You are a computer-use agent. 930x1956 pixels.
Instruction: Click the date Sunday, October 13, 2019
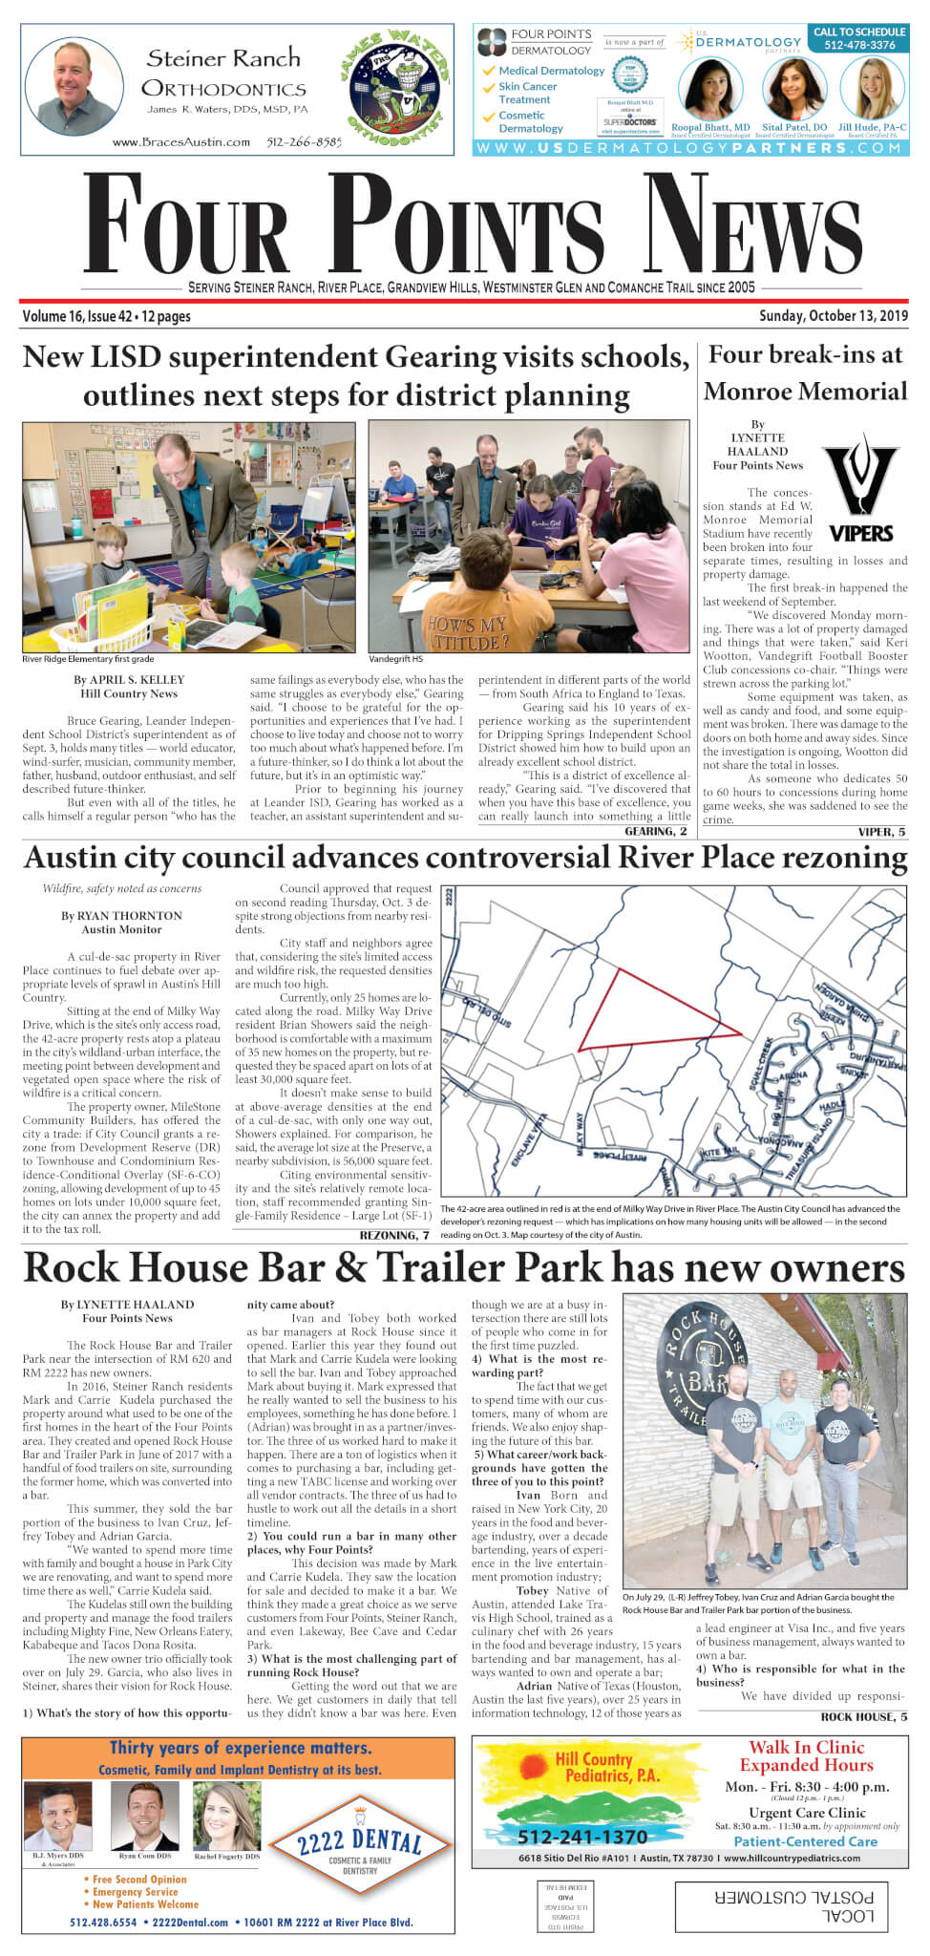click(833, 316)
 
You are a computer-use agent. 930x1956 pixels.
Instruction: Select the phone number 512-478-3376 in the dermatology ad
click(859, 45)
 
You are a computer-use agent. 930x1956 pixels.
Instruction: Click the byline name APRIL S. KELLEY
click(129, 680)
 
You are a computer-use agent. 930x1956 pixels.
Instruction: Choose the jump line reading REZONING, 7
click(393, 1235)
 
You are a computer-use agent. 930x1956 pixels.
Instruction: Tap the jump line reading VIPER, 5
click(880, 831)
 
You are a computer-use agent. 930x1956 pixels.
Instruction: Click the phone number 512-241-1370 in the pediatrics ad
click(582, 1837)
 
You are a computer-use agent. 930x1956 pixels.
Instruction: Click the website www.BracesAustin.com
click(181, 142)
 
